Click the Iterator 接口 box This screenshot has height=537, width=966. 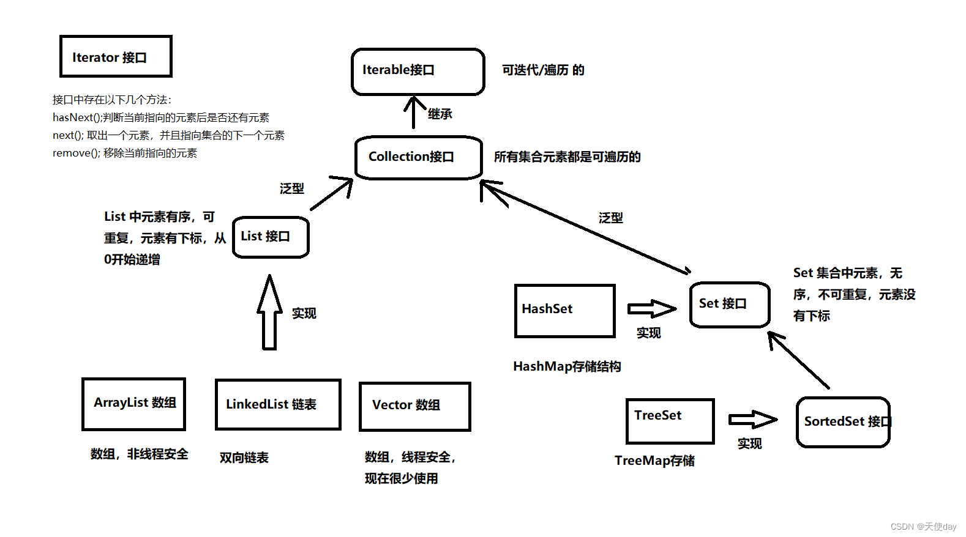[116, 56]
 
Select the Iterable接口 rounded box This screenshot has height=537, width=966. [417, 72]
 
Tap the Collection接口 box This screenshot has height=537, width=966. [419, 157]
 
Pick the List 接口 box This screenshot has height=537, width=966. [271, 237]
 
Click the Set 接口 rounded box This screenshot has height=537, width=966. [729, 305]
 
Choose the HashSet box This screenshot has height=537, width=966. [564, 311]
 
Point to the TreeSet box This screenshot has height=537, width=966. [670, 421]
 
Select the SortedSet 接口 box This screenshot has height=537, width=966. [842, 422]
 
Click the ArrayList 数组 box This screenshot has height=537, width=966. [133, 404]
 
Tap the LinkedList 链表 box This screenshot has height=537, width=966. [278, 404]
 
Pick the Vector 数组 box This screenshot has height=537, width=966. [414, 406]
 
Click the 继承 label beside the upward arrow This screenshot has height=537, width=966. [440, 114]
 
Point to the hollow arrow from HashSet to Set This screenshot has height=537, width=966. [651, 309]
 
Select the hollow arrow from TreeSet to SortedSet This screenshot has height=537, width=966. [752, 420]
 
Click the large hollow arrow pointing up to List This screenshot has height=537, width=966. [269, 313]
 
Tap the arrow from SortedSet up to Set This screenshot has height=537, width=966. [799, 360]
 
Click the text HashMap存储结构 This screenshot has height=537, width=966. [567, 366]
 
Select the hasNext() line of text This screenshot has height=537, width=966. [161, 117]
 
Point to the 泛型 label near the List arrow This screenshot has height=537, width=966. [291, 188]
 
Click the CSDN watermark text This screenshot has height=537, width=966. [923, 527]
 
